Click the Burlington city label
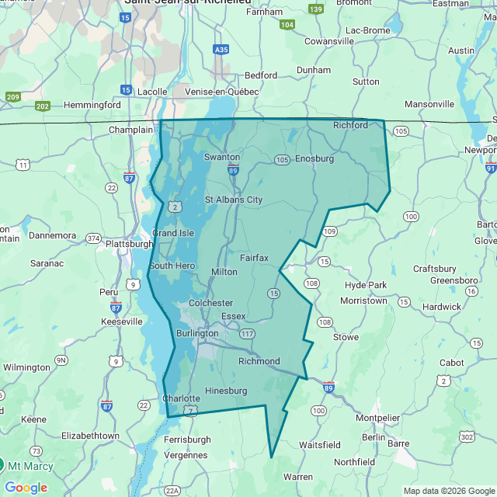[197, 333]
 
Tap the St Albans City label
[234, 200]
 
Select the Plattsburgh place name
[129, 243]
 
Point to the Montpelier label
[377, 418]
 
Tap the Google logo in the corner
[26, 488]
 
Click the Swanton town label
[222, 157]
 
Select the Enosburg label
[315, 158]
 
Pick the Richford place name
[350, 124]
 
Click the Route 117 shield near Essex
[248, 334]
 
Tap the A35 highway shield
[221, 50]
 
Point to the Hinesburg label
[226, 390]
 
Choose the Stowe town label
[346, 337]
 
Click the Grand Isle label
[172, 233]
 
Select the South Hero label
[172, 266]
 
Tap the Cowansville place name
[329, 41]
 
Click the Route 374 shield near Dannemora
[93, 238]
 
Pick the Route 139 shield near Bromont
[315, 9]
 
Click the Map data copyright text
[448, 490]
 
